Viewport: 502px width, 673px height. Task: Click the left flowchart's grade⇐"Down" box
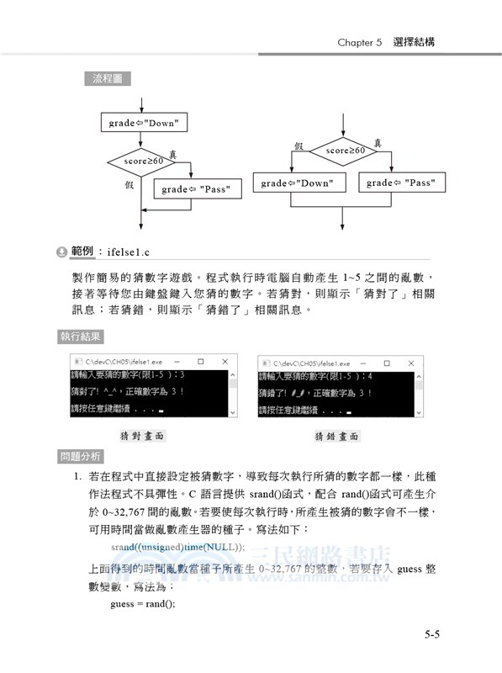point(143,124)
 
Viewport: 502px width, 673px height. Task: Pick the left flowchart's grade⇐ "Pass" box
point(197,189)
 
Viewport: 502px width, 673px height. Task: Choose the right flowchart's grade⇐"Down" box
point(296,183)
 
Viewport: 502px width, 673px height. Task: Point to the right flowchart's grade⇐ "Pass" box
point(401,183)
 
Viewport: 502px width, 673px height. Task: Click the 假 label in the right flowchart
point(298,146)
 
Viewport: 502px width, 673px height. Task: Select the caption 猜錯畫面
point(336,437)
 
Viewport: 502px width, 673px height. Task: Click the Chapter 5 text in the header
point(360,41)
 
